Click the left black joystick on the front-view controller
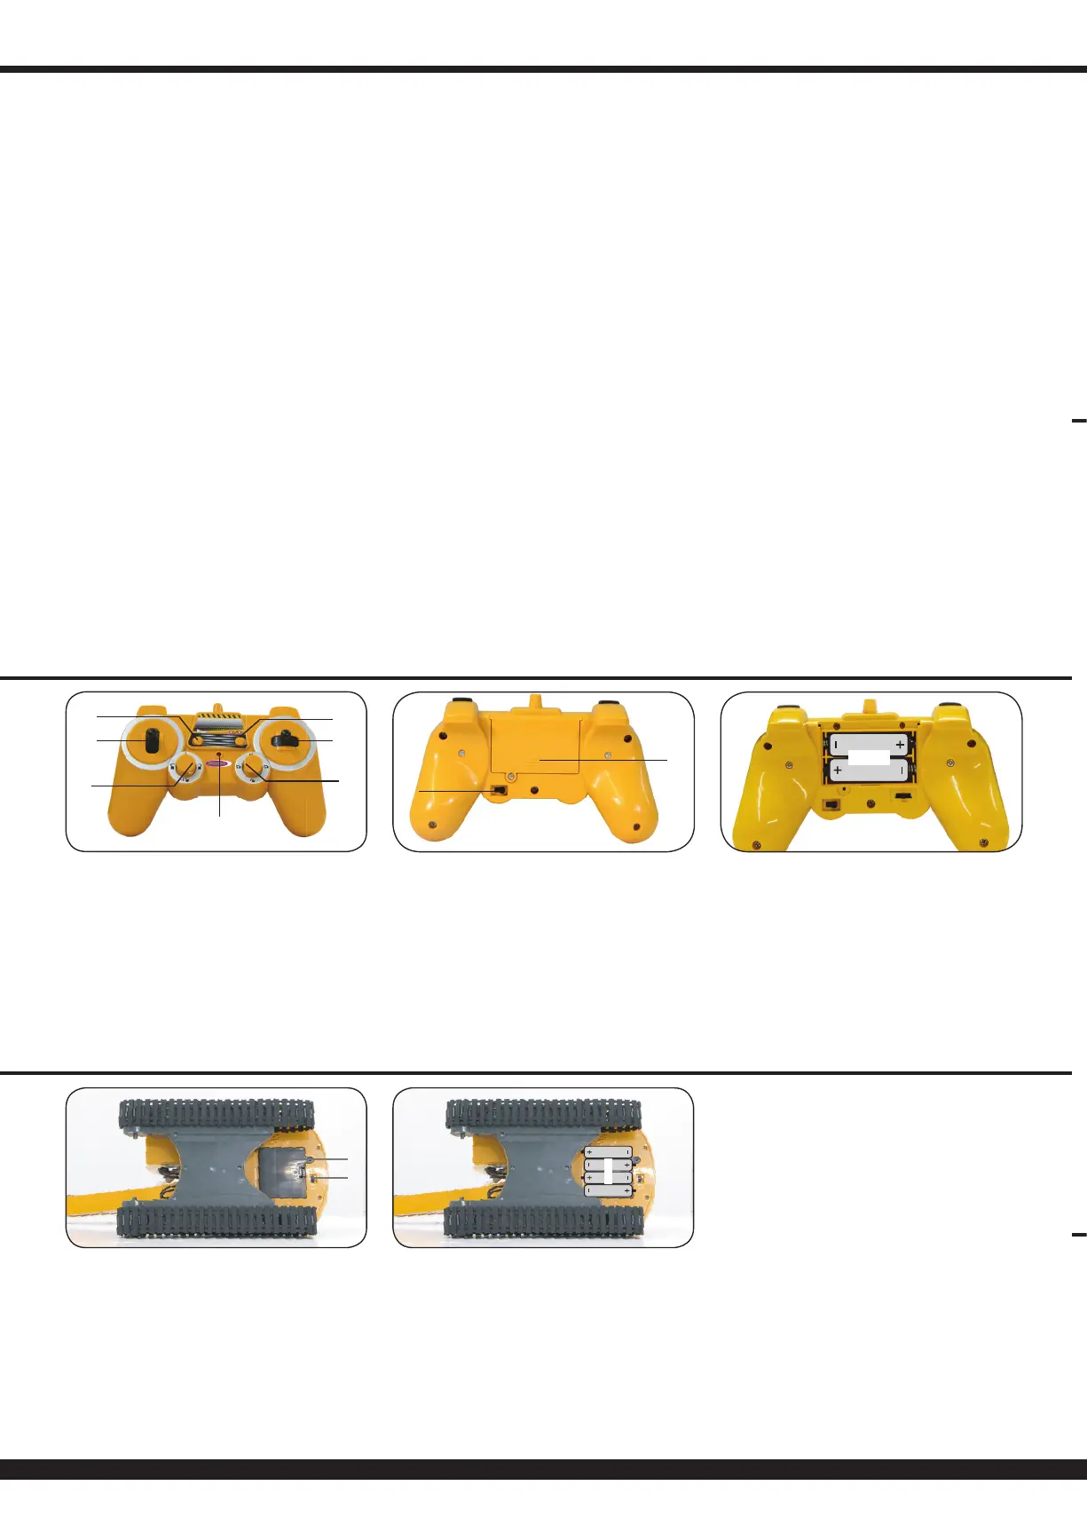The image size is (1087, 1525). pos(152,740)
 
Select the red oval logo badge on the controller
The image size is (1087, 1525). pos(218,764)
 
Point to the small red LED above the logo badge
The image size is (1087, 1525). pos(218,754)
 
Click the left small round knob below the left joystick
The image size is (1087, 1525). pos(187,767)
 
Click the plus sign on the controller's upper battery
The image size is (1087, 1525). pos(900,745)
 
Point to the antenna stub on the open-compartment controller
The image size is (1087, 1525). pos(869,704)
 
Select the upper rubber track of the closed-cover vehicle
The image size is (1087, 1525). pos(217,1114)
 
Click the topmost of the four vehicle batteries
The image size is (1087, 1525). pos(609,1152)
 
